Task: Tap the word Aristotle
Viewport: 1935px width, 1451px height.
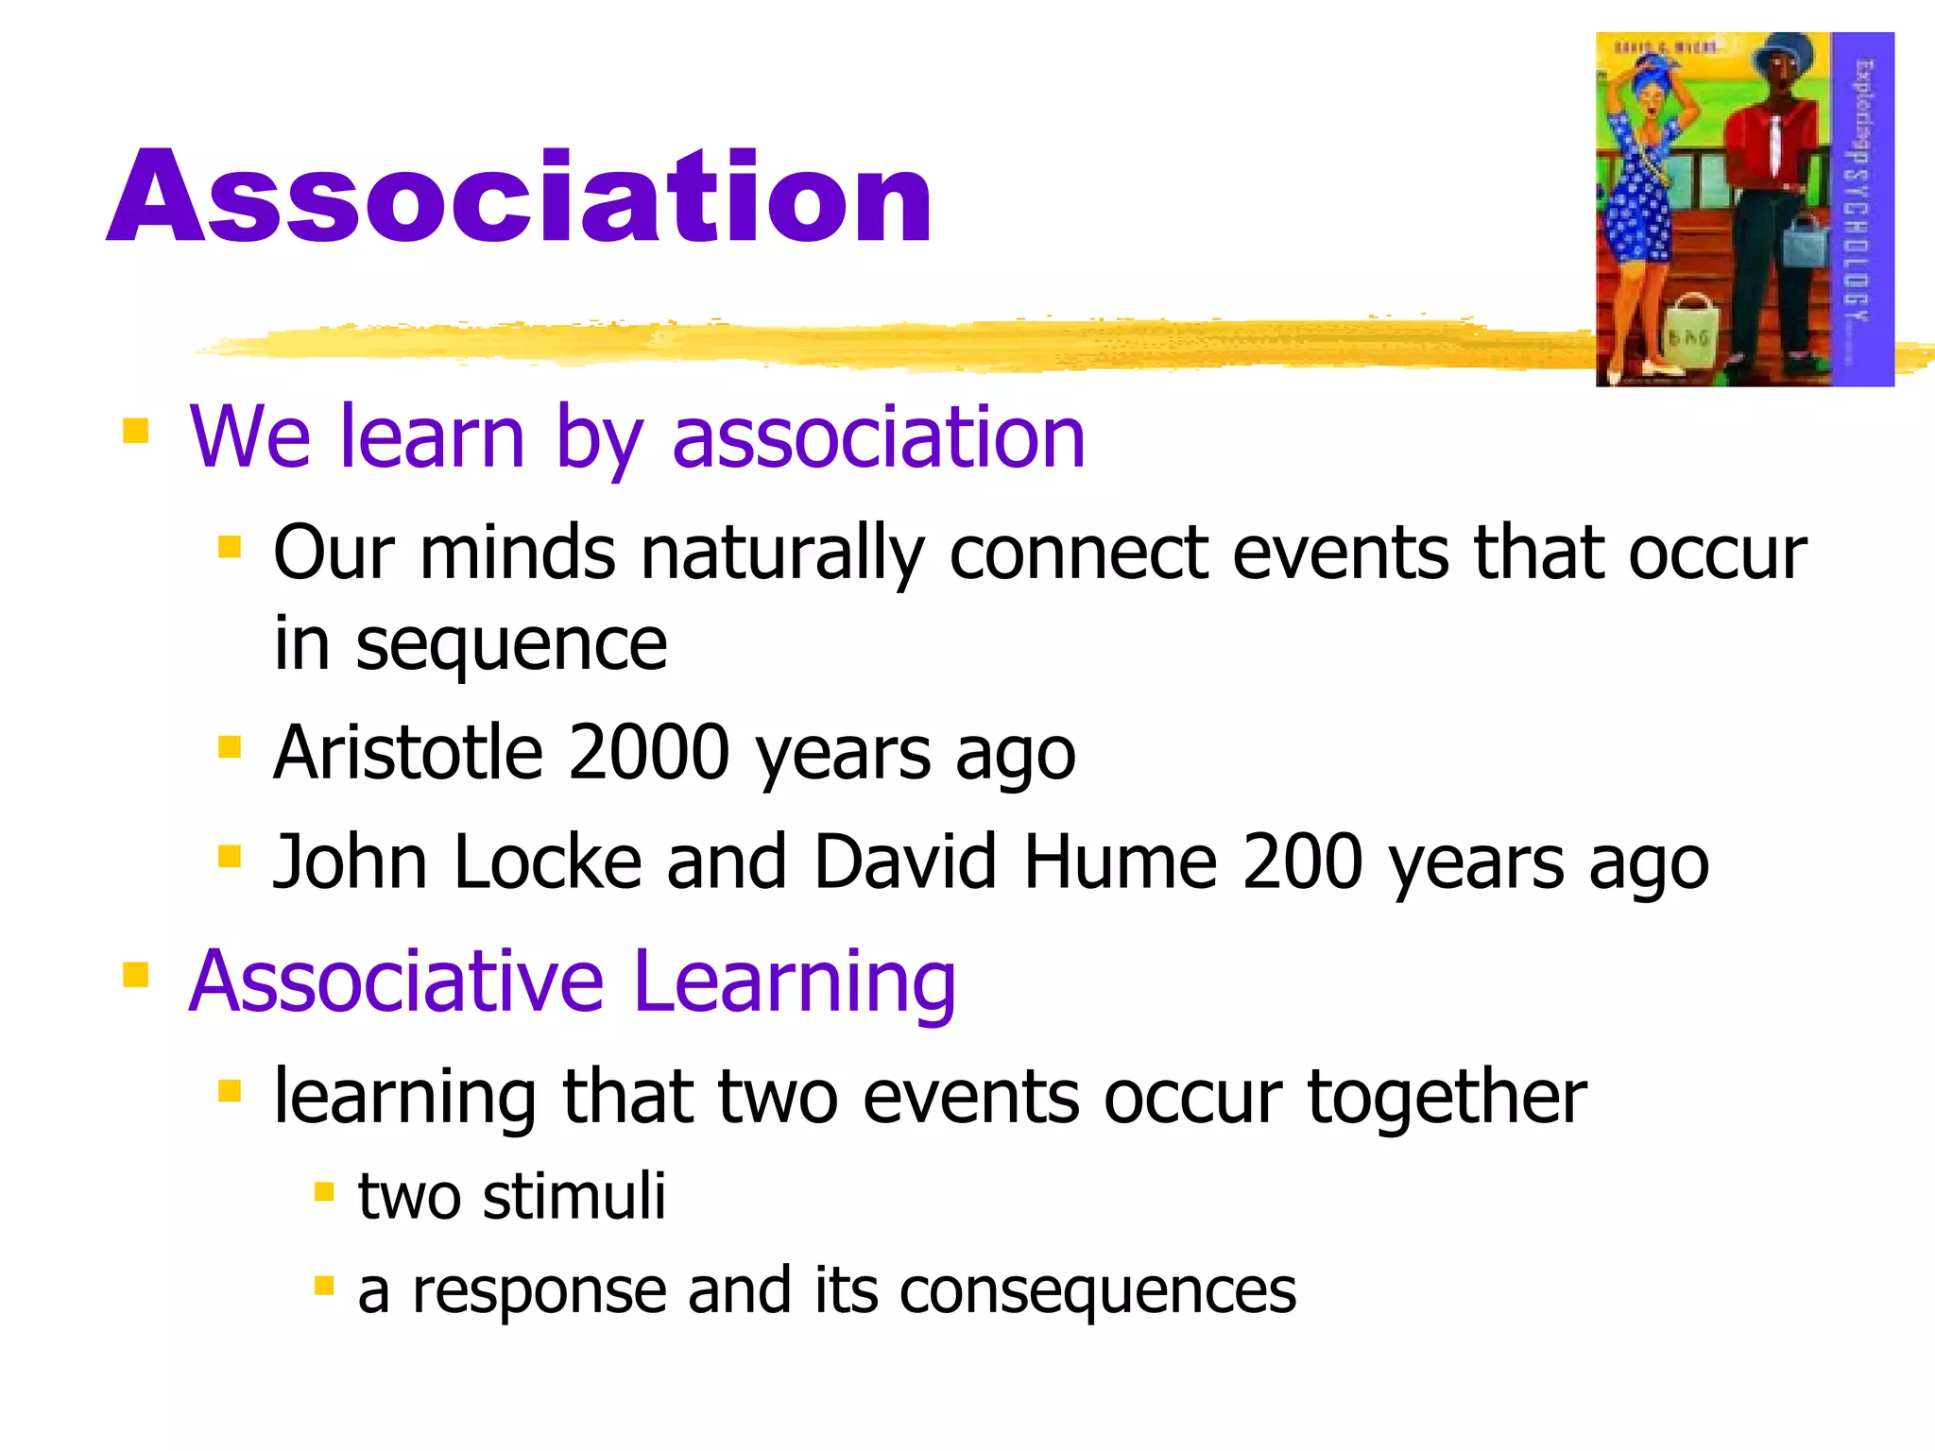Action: click(408, 753)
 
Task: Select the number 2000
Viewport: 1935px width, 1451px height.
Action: click(650, 753)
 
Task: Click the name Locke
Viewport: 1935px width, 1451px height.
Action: click(547, 862)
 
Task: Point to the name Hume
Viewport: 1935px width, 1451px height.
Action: click(1120, 862)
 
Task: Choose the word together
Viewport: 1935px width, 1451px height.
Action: click(1447, 1098)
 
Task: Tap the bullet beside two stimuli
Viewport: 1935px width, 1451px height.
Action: click(324, 1192)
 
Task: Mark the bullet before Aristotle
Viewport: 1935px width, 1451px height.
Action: click(230, 748)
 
